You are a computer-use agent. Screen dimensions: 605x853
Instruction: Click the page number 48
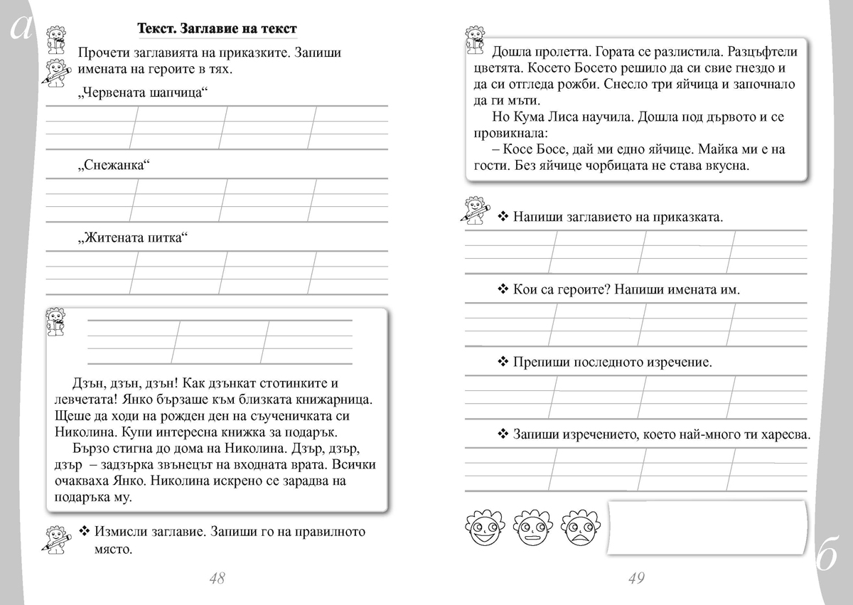(217, 579)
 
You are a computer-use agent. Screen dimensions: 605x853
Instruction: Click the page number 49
(636, 579)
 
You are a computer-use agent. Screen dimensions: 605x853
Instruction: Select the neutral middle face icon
(530, 527)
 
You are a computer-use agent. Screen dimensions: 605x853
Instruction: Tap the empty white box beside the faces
(708, 527)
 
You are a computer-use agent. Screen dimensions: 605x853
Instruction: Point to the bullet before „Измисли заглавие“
(84, 532)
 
